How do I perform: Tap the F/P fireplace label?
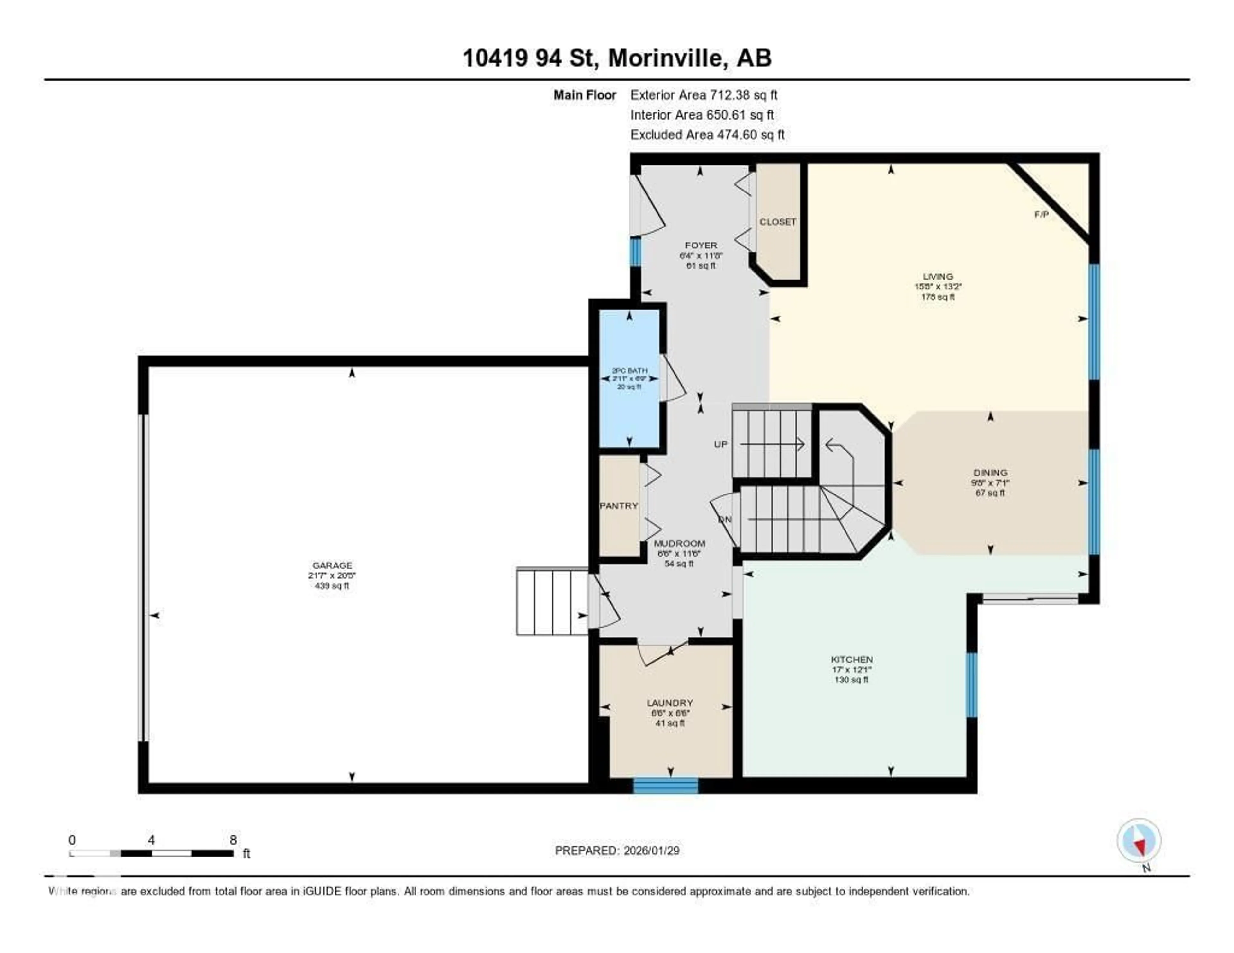[x=1041, y=215]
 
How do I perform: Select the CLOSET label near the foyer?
[x=777, y=222]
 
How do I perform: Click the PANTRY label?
[x=619, y=506]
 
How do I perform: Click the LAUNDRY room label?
[x=670, y=703]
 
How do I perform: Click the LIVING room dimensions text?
[x=938, y=286]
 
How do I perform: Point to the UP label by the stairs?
[x=720, y=444]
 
